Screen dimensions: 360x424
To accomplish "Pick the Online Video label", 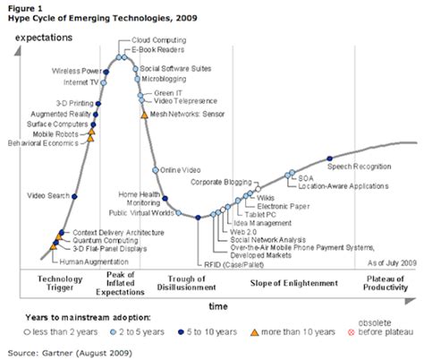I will point(180,168).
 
